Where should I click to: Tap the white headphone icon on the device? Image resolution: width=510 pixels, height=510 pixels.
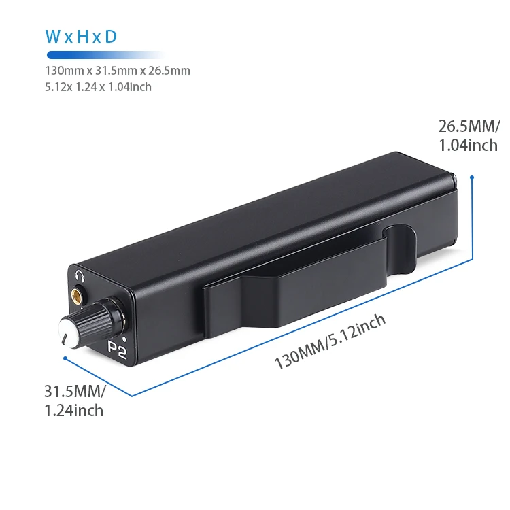point(80,276)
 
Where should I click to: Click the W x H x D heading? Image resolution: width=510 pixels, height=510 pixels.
point(80,37)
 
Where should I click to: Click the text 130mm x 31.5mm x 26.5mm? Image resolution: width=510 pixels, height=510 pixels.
point(117,71)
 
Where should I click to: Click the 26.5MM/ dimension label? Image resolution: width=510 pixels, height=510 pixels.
point(469,126)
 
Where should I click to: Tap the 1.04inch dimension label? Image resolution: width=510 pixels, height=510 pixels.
point(468,145)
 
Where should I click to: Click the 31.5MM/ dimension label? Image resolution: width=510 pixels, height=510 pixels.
point(75,392)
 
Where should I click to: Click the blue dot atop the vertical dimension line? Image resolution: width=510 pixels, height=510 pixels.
point(471,177)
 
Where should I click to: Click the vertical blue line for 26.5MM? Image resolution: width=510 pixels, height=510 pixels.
point(471,218)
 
